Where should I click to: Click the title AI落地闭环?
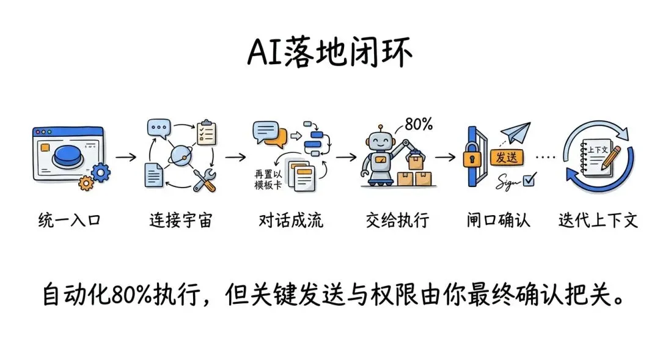[330, 53]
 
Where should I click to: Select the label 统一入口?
[68, 220]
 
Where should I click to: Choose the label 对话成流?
[291, 220]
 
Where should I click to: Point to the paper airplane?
[515, 133]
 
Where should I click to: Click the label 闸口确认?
[497, 220]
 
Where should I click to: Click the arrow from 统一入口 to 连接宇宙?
[127, 156]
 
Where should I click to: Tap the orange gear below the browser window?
[87, 182]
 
